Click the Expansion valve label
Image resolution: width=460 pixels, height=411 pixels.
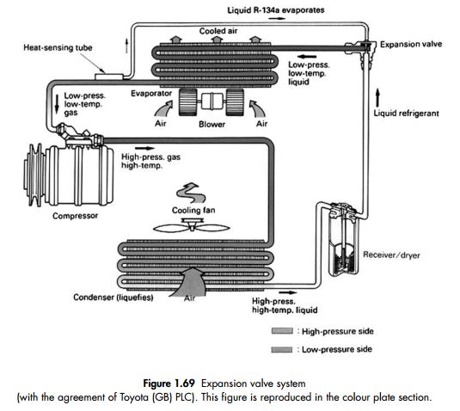411,45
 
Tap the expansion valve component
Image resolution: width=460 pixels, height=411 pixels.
365,50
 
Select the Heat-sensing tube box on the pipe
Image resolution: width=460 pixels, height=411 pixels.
109,77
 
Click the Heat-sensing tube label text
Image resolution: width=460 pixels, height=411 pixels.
58,47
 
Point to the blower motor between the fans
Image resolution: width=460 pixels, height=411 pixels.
212,101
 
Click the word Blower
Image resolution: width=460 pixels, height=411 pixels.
212,124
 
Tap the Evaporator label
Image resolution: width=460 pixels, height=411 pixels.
151,94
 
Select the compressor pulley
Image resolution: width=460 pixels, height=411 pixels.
34,175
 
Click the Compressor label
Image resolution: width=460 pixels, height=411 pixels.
75,216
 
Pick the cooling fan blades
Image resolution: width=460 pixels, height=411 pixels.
191,227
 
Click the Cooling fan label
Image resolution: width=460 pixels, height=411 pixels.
193,211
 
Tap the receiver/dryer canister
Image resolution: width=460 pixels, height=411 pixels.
343,239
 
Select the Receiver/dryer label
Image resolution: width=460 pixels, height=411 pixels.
391,255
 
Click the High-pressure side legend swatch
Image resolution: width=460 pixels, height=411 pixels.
282,331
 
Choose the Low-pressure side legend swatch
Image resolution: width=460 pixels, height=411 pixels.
282,349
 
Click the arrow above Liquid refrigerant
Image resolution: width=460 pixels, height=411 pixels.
377,98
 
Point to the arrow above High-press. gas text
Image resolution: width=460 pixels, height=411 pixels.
144,148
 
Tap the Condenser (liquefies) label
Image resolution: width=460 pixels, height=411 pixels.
113,298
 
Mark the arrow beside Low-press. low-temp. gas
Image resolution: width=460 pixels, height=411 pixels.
57,104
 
